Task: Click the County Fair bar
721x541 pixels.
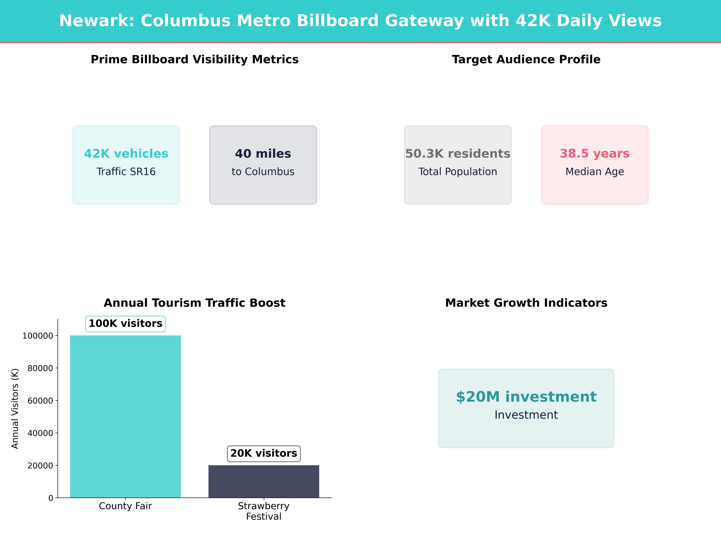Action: [x=125, y=416]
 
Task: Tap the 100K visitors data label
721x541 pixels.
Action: [x=125, y=324]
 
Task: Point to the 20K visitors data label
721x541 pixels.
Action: [x=264, y=453]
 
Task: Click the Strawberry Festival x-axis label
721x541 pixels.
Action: [x=264, y=511]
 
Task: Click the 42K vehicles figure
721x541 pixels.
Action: [x=126, y=154]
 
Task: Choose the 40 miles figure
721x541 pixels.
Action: [x=263, y=154]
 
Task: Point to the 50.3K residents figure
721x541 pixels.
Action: [x=458, y=154]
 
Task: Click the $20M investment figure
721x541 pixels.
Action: [x=526, y=397]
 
